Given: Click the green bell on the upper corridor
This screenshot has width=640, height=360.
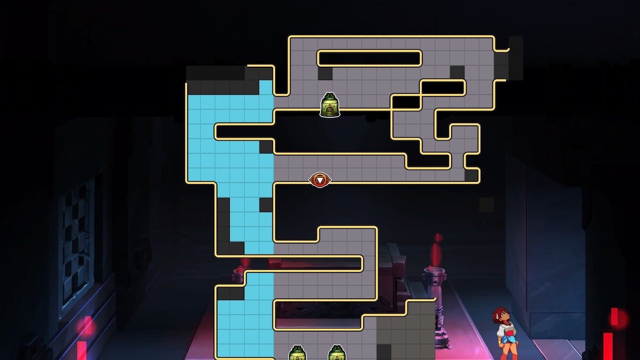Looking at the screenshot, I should tap(330, 105).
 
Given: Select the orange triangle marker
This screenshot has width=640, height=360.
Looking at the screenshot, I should tap(319, 180).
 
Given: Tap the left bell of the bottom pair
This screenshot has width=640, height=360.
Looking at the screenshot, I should tap(297, 353).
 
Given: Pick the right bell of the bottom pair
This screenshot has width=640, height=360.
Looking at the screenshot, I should tap(336, 353).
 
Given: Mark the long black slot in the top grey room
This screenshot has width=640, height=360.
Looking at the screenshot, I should tap(370, 58).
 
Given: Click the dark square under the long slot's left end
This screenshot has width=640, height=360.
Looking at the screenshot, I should tap(325, 73).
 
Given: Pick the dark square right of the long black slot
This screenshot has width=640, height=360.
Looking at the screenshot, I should tap(457, 72).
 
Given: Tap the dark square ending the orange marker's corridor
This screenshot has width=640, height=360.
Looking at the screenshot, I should tap(471, 175).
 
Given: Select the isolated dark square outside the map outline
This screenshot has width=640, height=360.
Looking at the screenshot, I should tap(486, 205).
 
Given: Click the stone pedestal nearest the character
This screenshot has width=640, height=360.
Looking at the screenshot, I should tap(435, 299).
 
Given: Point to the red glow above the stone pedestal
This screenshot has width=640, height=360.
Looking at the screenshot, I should tap(437, 251).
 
